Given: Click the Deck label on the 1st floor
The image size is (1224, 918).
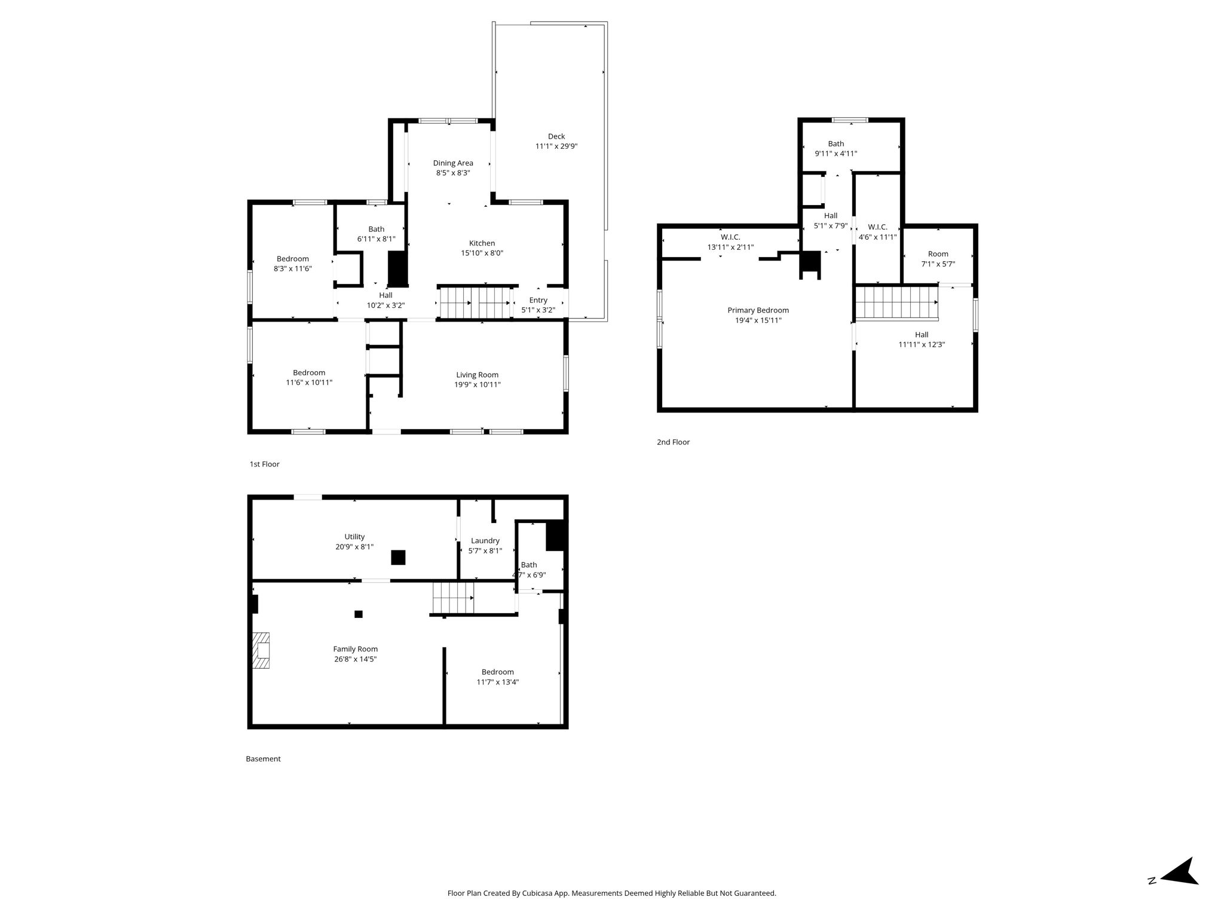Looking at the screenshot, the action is [556, 136].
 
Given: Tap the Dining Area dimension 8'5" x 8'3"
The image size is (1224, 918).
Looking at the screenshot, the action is [453, 173].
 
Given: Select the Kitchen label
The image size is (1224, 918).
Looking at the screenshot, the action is [482, 243].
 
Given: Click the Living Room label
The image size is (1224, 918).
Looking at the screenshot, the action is [477, 375].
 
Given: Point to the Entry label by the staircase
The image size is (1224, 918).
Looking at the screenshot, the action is [538, 300].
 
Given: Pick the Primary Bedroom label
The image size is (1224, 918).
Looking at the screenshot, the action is [758, 310].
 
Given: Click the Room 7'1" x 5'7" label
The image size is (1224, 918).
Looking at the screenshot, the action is [938, 259].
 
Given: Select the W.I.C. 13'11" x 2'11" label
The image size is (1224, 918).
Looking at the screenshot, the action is [730, 242].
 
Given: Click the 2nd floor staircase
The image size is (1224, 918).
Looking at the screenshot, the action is [896, 302].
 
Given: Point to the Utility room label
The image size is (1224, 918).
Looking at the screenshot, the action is [354, 537].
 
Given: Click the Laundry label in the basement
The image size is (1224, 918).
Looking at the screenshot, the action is [485, 541].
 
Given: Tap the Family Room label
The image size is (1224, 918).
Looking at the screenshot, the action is [355, 649].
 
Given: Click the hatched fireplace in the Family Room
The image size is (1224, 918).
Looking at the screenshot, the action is [260, 650].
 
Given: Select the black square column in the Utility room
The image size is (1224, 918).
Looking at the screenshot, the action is [398, 557].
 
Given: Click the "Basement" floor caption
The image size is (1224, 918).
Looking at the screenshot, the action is [263, 759].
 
